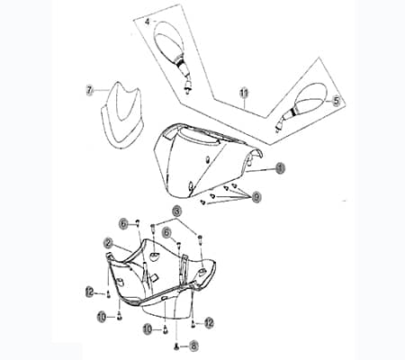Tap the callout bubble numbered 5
pyautogui.click(x=336, y=101)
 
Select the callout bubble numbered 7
pyautogui.click(x=90, y=90)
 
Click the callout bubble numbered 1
pyautogui.click(x=280, y=167)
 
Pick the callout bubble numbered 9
pyautogui.click(x=256, y=196)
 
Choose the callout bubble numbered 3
pyautogui.click(x=177, y=210)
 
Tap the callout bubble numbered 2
pyautogui.click(x=108, y=243)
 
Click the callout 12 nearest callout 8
pyautogui.click(x=208, y=322)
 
